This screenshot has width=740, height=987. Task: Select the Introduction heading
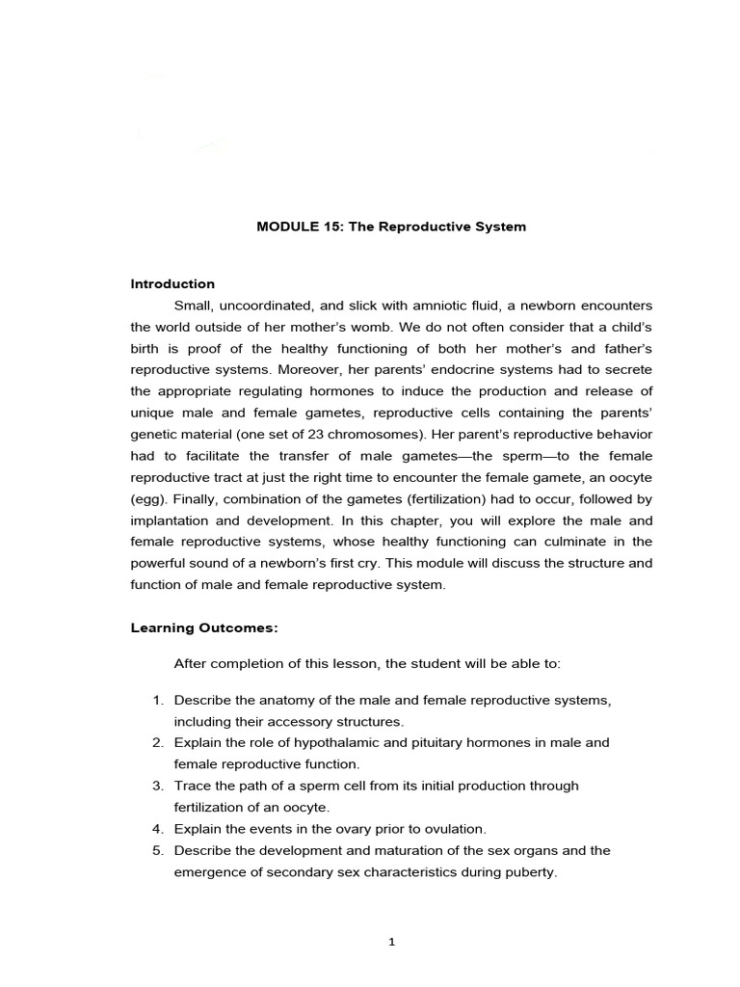[172, 283]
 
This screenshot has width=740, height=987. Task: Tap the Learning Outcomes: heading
[204, 627]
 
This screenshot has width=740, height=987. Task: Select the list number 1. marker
[158, 700]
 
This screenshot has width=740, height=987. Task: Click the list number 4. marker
[158, 829]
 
